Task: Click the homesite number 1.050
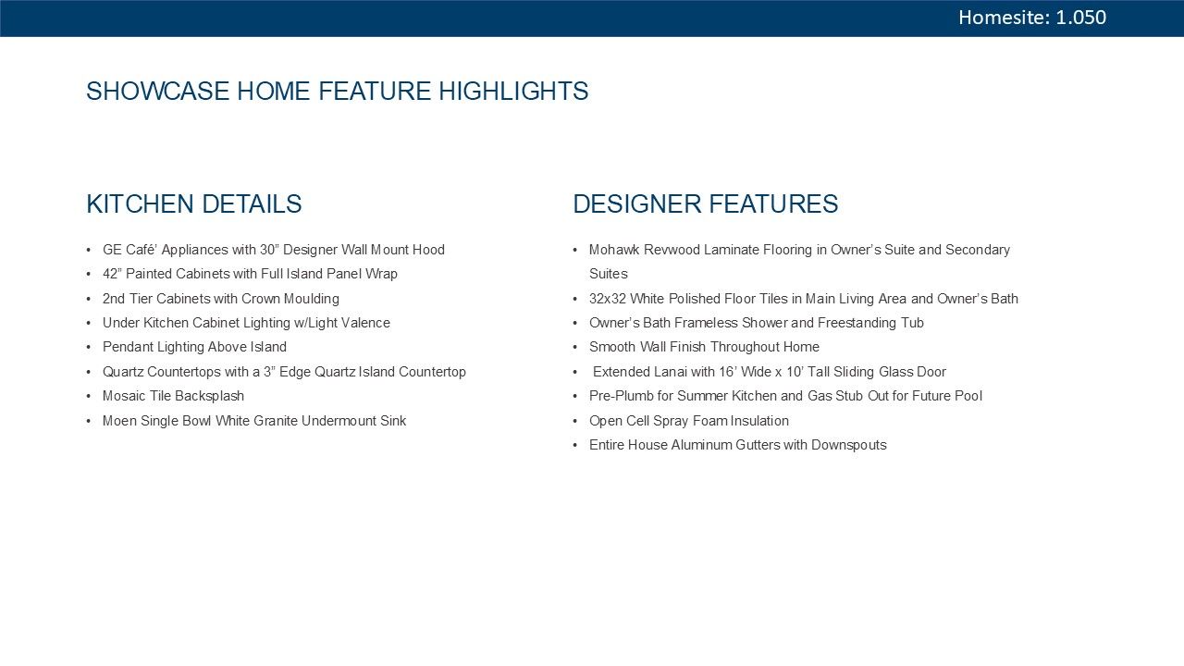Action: (1080, 18)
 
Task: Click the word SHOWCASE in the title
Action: (157, 91)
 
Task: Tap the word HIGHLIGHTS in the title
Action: (513, 91)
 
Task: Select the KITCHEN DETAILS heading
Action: (194, 204)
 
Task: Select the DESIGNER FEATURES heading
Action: (706, 204)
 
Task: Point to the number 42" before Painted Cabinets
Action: (112, 274)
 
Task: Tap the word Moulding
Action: (312, 299)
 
